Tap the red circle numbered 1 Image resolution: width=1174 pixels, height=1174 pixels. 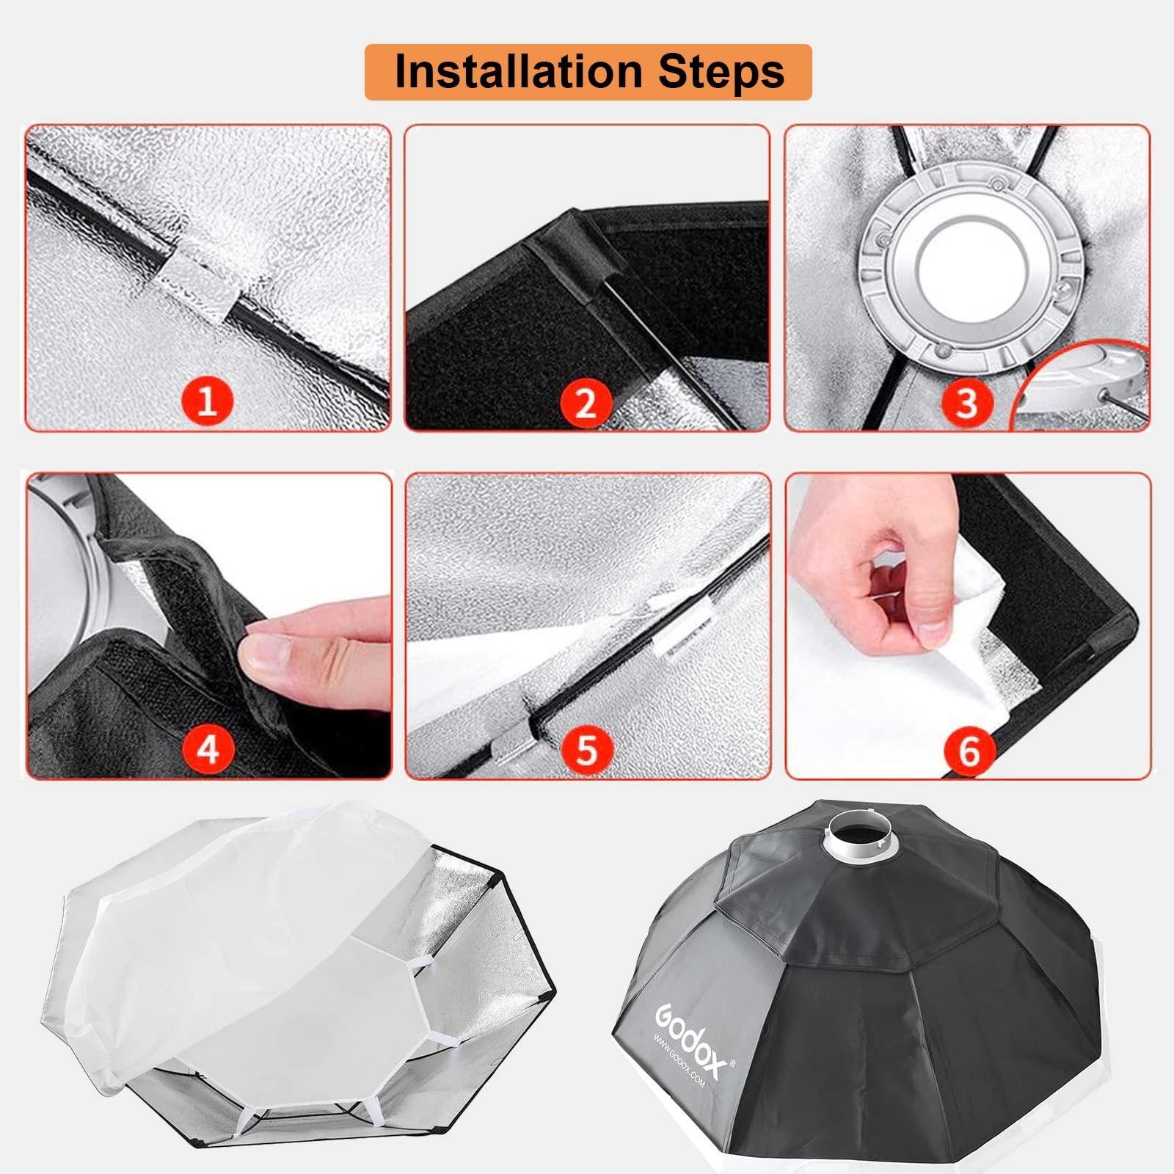pos(208,401)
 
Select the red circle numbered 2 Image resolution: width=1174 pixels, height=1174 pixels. pos(586,403)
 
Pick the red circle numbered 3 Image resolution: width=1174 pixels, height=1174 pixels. pos(966,403)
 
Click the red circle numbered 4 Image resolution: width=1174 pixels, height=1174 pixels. pos(208,749)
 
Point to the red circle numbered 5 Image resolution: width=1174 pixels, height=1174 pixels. pos(586,749)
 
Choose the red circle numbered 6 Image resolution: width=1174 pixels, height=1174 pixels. pos(969,751)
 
